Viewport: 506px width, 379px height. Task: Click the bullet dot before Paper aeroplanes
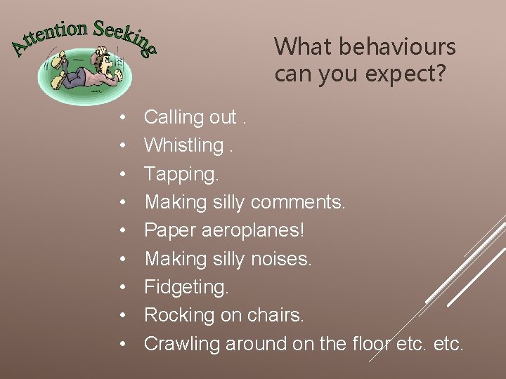point(122,231)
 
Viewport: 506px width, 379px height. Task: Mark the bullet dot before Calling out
point(122,117)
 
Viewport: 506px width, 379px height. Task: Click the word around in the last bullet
point(257,344)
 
